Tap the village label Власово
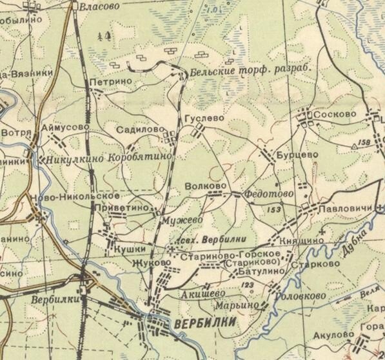[99, 6]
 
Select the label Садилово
[137, 130]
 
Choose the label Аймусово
[65, 128]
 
